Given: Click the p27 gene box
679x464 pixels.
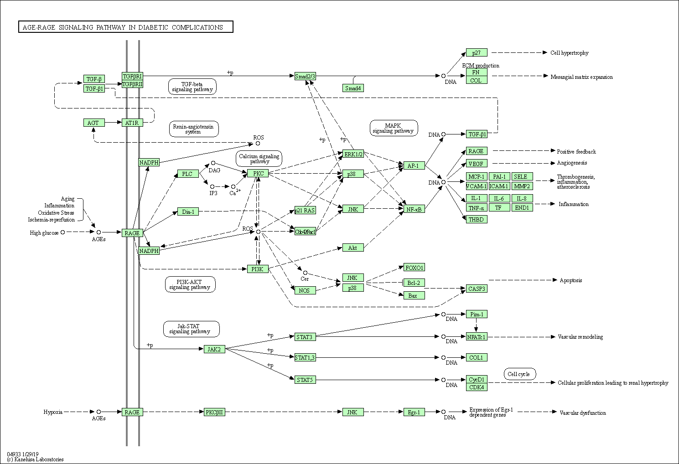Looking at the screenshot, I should [477, 52].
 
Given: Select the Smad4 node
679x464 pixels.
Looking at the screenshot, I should [353, 88].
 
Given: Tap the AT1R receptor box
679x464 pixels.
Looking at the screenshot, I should [132, 123].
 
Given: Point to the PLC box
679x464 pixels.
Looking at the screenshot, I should [187, 174].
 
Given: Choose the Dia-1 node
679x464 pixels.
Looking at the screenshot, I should [188, 211].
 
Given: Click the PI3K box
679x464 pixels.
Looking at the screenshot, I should [257, 269].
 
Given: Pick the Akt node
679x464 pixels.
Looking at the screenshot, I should [353, 248].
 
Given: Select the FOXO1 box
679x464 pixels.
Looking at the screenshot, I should [414, 267].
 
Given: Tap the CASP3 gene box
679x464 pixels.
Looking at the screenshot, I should [477, 289].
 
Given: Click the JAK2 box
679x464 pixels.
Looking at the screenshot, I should [214, 349].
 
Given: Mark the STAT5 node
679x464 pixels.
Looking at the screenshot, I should [305, 380].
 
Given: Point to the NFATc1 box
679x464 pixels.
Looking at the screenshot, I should [477, 337].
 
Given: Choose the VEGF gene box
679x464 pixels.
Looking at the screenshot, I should [477, 163].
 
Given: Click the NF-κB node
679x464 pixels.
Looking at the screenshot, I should [414, 209].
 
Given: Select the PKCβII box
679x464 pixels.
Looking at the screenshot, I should [214, 412].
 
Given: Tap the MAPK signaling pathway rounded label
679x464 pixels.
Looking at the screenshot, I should [393, 128].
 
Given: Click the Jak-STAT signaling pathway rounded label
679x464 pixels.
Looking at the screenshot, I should [191, 329].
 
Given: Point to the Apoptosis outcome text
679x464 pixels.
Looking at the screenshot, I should [571, 280].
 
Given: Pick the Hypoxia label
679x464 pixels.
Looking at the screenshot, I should [53, 412].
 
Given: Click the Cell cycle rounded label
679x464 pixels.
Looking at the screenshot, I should [519, 374].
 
